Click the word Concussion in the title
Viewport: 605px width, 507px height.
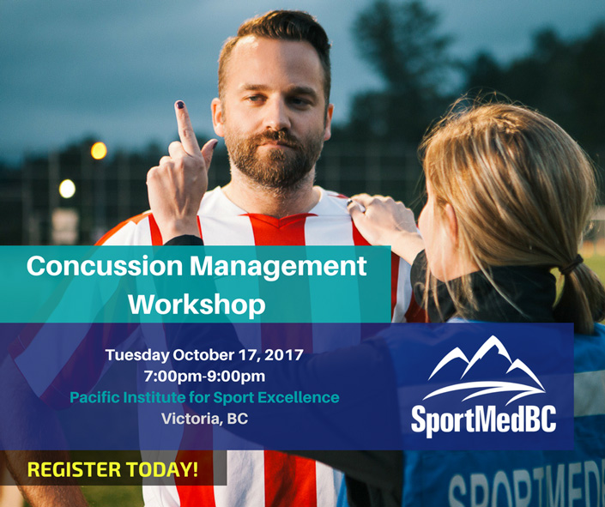pyautogui.click(x=105, y=266)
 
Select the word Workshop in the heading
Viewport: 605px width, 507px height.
pyautogui.click(x=197, y=305)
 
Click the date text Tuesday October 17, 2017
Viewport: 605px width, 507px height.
pyautogui.click(x=204, y=355)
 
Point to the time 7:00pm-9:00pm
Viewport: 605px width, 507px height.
pyautogui.click(x=204, y=376)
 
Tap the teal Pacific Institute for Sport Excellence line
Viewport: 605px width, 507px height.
pyautogui.click(x=204, y=397)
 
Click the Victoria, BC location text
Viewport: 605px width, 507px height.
pyautogui.click(x=204, y=419)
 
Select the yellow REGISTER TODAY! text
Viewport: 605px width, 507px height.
pyautogui.click(x=112, y=469)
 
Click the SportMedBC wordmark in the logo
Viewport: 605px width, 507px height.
pyautogui.click(x=483, y=420)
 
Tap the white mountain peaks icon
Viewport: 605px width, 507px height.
pyautogui.click(x=484, y=369)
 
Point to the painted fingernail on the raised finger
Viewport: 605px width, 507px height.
pyautogui.click(x=180, y=104)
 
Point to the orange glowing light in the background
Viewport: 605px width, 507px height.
pyautogui.click(x=99, y=150)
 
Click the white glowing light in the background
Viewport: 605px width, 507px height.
pyautogui.click(x=67, y=189)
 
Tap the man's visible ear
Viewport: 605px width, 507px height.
pyautogui.click(x=217, y=117)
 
